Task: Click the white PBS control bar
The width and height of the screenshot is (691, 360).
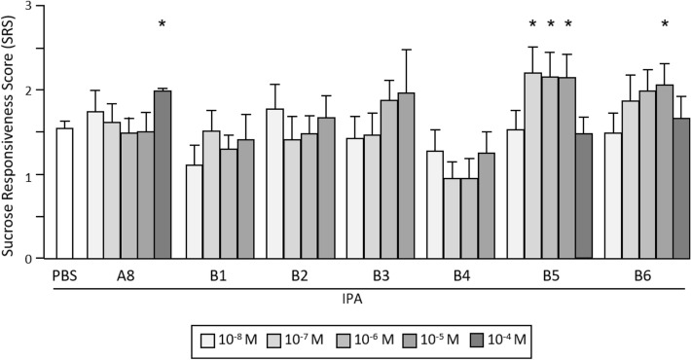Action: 64,194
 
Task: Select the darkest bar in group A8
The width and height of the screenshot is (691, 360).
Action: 162,175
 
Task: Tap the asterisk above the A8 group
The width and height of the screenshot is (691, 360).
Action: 162,23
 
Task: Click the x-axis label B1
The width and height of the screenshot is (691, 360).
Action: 219,275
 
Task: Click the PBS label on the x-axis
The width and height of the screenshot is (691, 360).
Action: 64,275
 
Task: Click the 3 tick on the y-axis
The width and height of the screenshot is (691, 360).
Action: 38,7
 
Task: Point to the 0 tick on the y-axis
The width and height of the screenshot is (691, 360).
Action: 38,259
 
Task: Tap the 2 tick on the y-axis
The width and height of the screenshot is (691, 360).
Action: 38,90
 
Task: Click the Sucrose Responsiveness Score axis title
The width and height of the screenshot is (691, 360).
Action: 12,131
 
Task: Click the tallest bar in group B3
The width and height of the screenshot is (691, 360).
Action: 406,176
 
